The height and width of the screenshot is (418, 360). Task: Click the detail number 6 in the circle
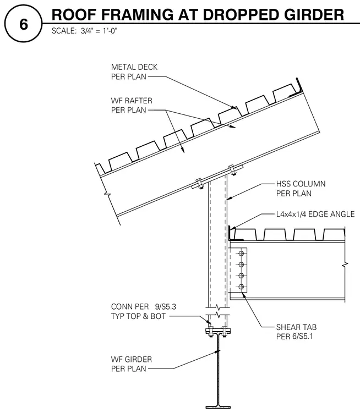click(24, 25)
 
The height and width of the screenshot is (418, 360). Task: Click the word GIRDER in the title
click(314, 14)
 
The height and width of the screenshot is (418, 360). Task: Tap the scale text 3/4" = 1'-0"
click(99, 31)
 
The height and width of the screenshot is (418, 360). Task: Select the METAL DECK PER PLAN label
click(134, 71)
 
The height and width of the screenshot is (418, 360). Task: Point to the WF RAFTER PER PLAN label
click(132, 105)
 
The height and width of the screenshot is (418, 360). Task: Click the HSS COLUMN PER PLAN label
click(301, 189)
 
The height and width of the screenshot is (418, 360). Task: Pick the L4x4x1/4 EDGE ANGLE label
click(315, 214)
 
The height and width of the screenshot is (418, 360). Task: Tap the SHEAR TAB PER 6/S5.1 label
click(296, 332)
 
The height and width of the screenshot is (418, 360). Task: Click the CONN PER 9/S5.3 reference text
click(144, 307)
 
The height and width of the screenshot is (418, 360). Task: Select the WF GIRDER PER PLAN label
click(132, 364)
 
